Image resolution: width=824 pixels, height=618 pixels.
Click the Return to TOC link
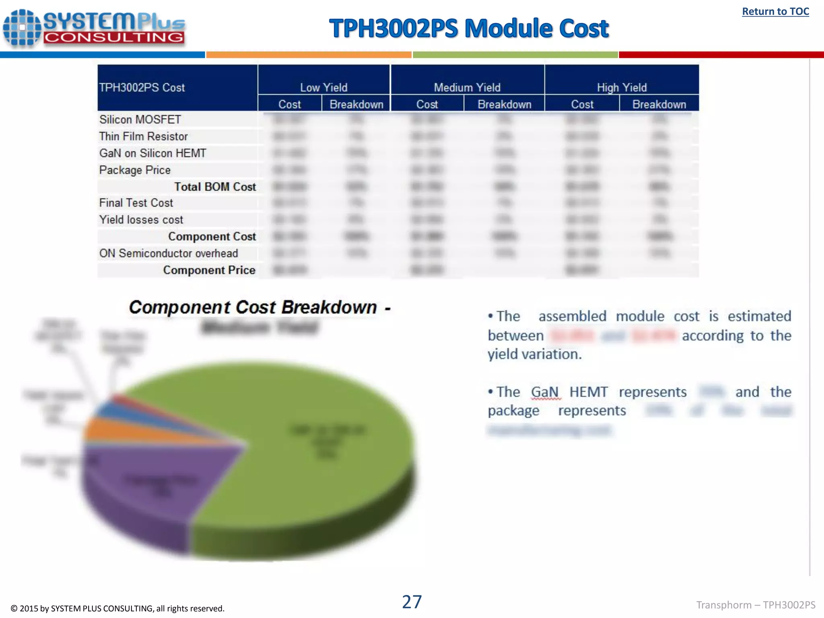point(775,12)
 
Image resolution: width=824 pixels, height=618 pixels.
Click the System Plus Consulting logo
point(94,28)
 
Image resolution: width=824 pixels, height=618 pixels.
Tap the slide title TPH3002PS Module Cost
point(469,29)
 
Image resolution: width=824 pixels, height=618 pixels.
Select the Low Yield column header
point(323,87)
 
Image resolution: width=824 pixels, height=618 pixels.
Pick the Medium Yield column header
point(467,87)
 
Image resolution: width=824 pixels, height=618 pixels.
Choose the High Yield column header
point(622,87)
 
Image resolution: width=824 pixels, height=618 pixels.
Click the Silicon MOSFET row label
point(140,119)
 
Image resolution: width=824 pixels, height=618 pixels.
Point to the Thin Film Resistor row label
point(143,136)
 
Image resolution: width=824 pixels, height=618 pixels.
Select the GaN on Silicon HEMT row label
point(152,153)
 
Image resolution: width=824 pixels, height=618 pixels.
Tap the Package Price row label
point(135,170)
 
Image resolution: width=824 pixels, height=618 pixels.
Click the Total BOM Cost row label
point(215,187)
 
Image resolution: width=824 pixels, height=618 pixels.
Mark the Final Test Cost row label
point(136,203)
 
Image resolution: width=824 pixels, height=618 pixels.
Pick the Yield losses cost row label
point(141,220)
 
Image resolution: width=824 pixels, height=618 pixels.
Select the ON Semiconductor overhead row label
point(169,253)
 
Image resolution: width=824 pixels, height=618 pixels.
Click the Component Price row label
point(209,270)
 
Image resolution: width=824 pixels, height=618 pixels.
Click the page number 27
point(412,602)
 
